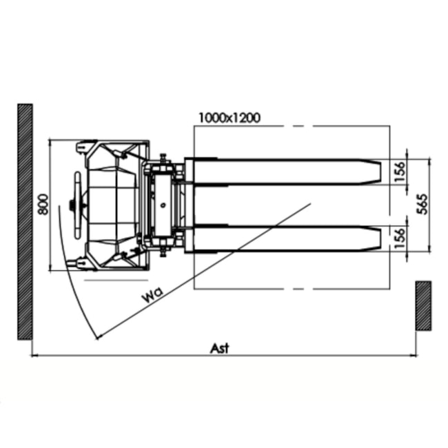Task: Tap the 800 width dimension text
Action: point(43,205)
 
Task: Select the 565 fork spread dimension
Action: point(422,205)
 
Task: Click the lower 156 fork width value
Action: point(400,238)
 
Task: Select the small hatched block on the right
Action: point(423,305)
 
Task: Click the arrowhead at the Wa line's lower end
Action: point(99,337)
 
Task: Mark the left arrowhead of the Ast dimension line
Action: point(35,356)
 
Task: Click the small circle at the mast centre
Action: point(163,205)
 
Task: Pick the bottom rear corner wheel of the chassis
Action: point(82,263)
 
